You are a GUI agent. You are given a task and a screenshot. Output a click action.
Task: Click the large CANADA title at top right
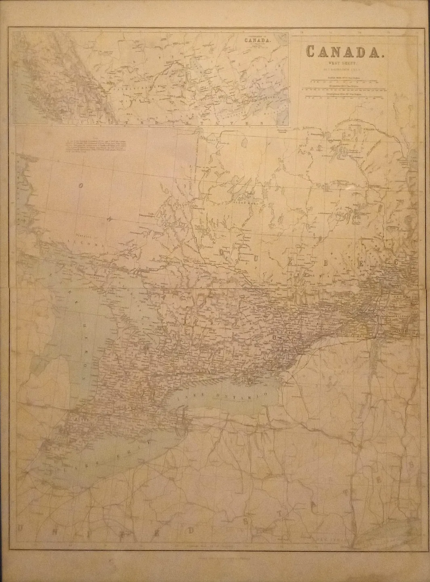343,52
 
